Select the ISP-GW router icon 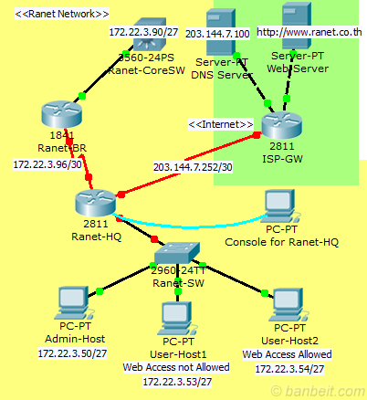[281, 126]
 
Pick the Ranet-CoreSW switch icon [142, 37]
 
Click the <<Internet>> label [220, 123]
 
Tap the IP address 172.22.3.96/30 [45, 165]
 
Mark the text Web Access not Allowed [177, 366]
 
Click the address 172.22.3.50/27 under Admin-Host [72, 352]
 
